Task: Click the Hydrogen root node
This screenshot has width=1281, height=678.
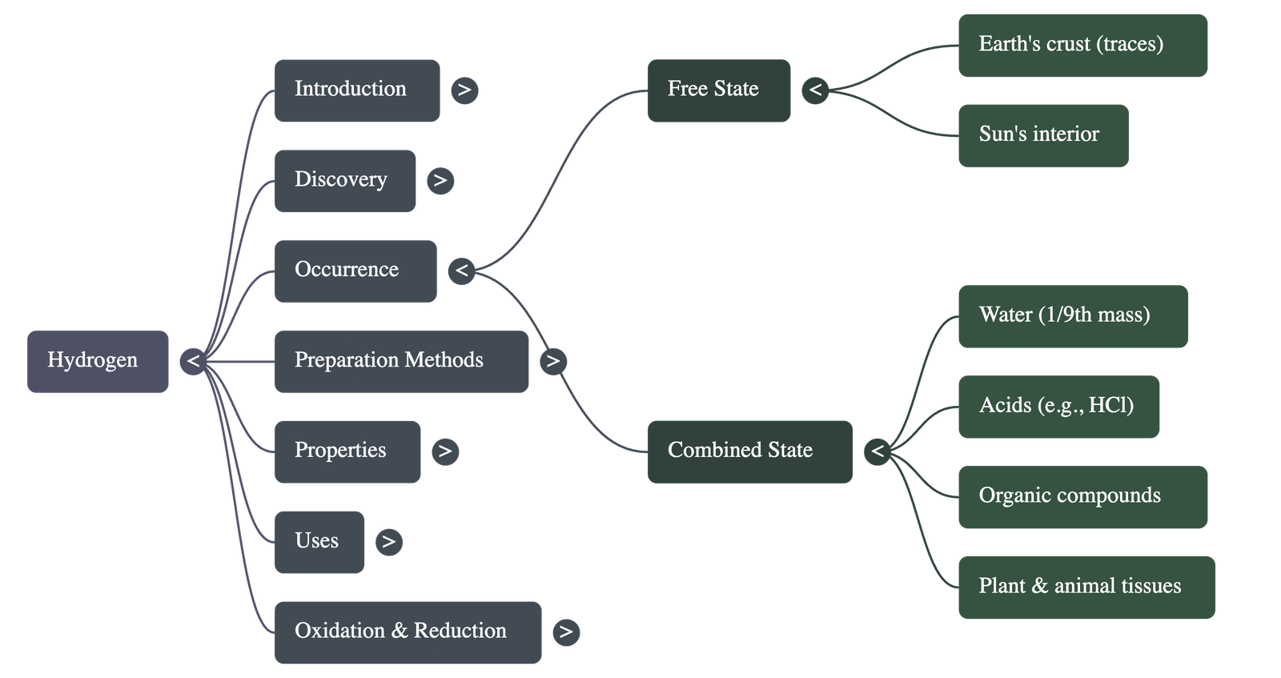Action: coord(98,361)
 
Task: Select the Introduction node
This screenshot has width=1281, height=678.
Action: coord(357,90)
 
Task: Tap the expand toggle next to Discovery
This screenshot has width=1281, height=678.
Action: coord(440,180)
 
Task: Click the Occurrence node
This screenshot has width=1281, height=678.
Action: coord(355,271)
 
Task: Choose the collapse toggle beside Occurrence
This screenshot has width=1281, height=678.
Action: coord(461,271)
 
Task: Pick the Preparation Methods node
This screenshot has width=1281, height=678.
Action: coord(401,361)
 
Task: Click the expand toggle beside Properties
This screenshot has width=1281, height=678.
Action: coord(445,451)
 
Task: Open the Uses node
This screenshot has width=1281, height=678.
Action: coord(319,542)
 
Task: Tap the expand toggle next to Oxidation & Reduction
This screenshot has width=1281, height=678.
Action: coord(566,632)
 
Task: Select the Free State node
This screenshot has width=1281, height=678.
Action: coord(719,90)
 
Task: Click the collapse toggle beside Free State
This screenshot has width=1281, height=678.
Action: coord(815,90)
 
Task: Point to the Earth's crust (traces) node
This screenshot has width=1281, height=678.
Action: coord(1082,45)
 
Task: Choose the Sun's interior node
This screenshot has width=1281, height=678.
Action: coord(1043,134)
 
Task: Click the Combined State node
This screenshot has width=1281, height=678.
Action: coord(749,451)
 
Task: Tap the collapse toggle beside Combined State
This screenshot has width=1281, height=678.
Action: coord(877,451)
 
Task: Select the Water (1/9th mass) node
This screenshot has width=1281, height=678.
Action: coord(1072,315)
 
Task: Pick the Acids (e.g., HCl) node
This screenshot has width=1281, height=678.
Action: coord(1058,406)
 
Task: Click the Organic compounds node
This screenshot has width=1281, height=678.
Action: coord(1082,496)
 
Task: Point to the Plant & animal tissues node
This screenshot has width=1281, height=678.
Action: coord(1086,587)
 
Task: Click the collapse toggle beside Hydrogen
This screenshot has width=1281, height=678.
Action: coord(193,361)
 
